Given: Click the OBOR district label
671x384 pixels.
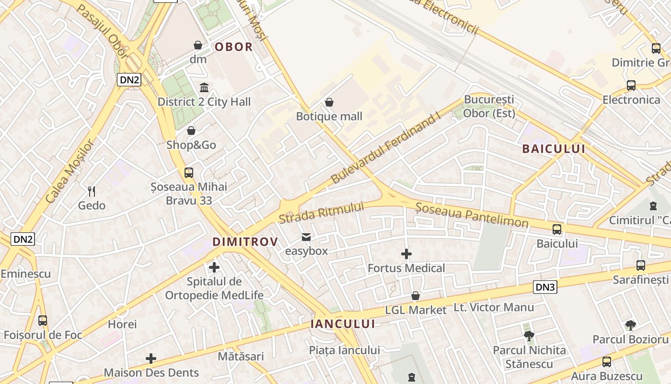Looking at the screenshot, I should [233, 47].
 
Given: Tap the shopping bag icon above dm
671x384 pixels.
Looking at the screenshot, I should [198, 45].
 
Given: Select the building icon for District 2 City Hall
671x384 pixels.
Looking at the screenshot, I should [204, 87].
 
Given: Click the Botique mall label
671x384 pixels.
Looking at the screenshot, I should [329, 116].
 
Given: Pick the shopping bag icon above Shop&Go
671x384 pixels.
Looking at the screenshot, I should [191, 131].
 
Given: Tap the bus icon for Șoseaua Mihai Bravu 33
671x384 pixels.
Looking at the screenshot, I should [189, 173].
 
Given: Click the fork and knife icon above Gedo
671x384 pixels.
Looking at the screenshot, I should [92, 192].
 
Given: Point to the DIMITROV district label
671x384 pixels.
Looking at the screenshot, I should [245, 241].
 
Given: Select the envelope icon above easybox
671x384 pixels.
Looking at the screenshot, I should [306, 237].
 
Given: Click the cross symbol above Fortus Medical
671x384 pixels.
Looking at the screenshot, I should [406, 254].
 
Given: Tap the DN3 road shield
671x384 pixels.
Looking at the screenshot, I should [545, 288].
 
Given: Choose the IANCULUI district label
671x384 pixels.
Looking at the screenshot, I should [343, 324].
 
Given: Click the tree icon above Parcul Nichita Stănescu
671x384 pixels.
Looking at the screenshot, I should [529, 336].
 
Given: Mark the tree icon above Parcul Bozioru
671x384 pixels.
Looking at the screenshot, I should [630, 325].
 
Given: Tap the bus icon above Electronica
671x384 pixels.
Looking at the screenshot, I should [631, 85].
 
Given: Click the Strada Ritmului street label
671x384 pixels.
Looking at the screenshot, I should [321, 213].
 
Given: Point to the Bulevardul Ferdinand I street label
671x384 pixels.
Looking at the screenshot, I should [385, 149].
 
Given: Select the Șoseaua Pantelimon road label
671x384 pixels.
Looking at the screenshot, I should [472, 215].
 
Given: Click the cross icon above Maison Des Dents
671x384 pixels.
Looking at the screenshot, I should [151, 359].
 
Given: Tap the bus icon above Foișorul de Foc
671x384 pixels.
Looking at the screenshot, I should [43, 321].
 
